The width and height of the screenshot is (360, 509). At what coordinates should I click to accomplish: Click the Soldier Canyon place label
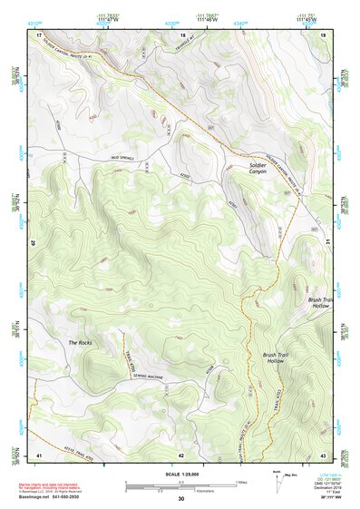click(x=263, y=168)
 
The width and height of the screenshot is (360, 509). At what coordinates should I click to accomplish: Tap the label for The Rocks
click(x=80, y=342)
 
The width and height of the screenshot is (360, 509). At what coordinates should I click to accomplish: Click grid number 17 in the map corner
click(x=39, y=33)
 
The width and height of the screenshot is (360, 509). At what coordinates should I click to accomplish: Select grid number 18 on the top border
click(x=182, y=33)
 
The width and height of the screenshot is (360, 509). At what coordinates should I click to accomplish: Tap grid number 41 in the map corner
click(x=39, y=455)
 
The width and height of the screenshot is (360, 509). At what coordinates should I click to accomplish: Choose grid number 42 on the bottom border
click(x=181, y=455)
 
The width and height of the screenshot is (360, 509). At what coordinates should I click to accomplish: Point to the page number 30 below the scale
click(x=180, y=499)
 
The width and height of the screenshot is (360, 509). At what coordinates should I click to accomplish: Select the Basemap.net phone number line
click(x=55, y=497)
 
